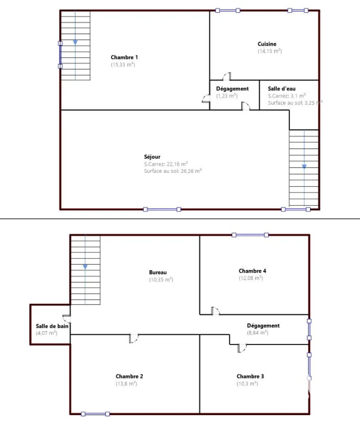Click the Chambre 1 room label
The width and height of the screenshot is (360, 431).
(x=124, y=57)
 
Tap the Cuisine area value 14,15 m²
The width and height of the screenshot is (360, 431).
(x=270, y=51)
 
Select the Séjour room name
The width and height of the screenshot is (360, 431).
(x=152, y=156)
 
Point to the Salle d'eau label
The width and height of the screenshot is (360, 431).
(x=281, y=88)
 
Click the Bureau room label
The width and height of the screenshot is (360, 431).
(x=158, y=272)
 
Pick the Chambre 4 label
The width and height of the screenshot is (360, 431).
(x=252, y=271)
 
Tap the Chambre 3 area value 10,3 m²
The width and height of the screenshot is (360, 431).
(x=247, y=384)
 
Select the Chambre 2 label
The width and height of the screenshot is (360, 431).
(x=129, y=376)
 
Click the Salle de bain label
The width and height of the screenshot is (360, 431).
(x=52, y=326)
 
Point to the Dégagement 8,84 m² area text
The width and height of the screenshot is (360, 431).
(x=258, y=332)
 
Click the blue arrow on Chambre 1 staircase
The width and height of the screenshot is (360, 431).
(x=75, y=43)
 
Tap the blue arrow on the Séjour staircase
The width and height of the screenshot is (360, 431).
(x=304, y=166)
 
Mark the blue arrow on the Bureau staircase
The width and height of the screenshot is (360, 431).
(x=85, y=267)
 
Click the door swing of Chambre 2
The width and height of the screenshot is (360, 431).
(x=134, y=338)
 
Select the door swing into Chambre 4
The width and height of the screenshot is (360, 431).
(x=216, y=311)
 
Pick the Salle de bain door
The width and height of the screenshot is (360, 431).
(x=67, y=319)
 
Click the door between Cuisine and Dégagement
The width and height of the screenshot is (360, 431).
(x=227, y=77)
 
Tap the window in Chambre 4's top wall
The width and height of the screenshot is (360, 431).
(x=250, y=235)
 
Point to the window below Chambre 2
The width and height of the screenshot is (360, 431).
(x=95, y=414)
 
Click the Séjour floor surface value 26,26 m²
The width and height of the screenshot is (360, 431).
(x=173, y=171)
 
